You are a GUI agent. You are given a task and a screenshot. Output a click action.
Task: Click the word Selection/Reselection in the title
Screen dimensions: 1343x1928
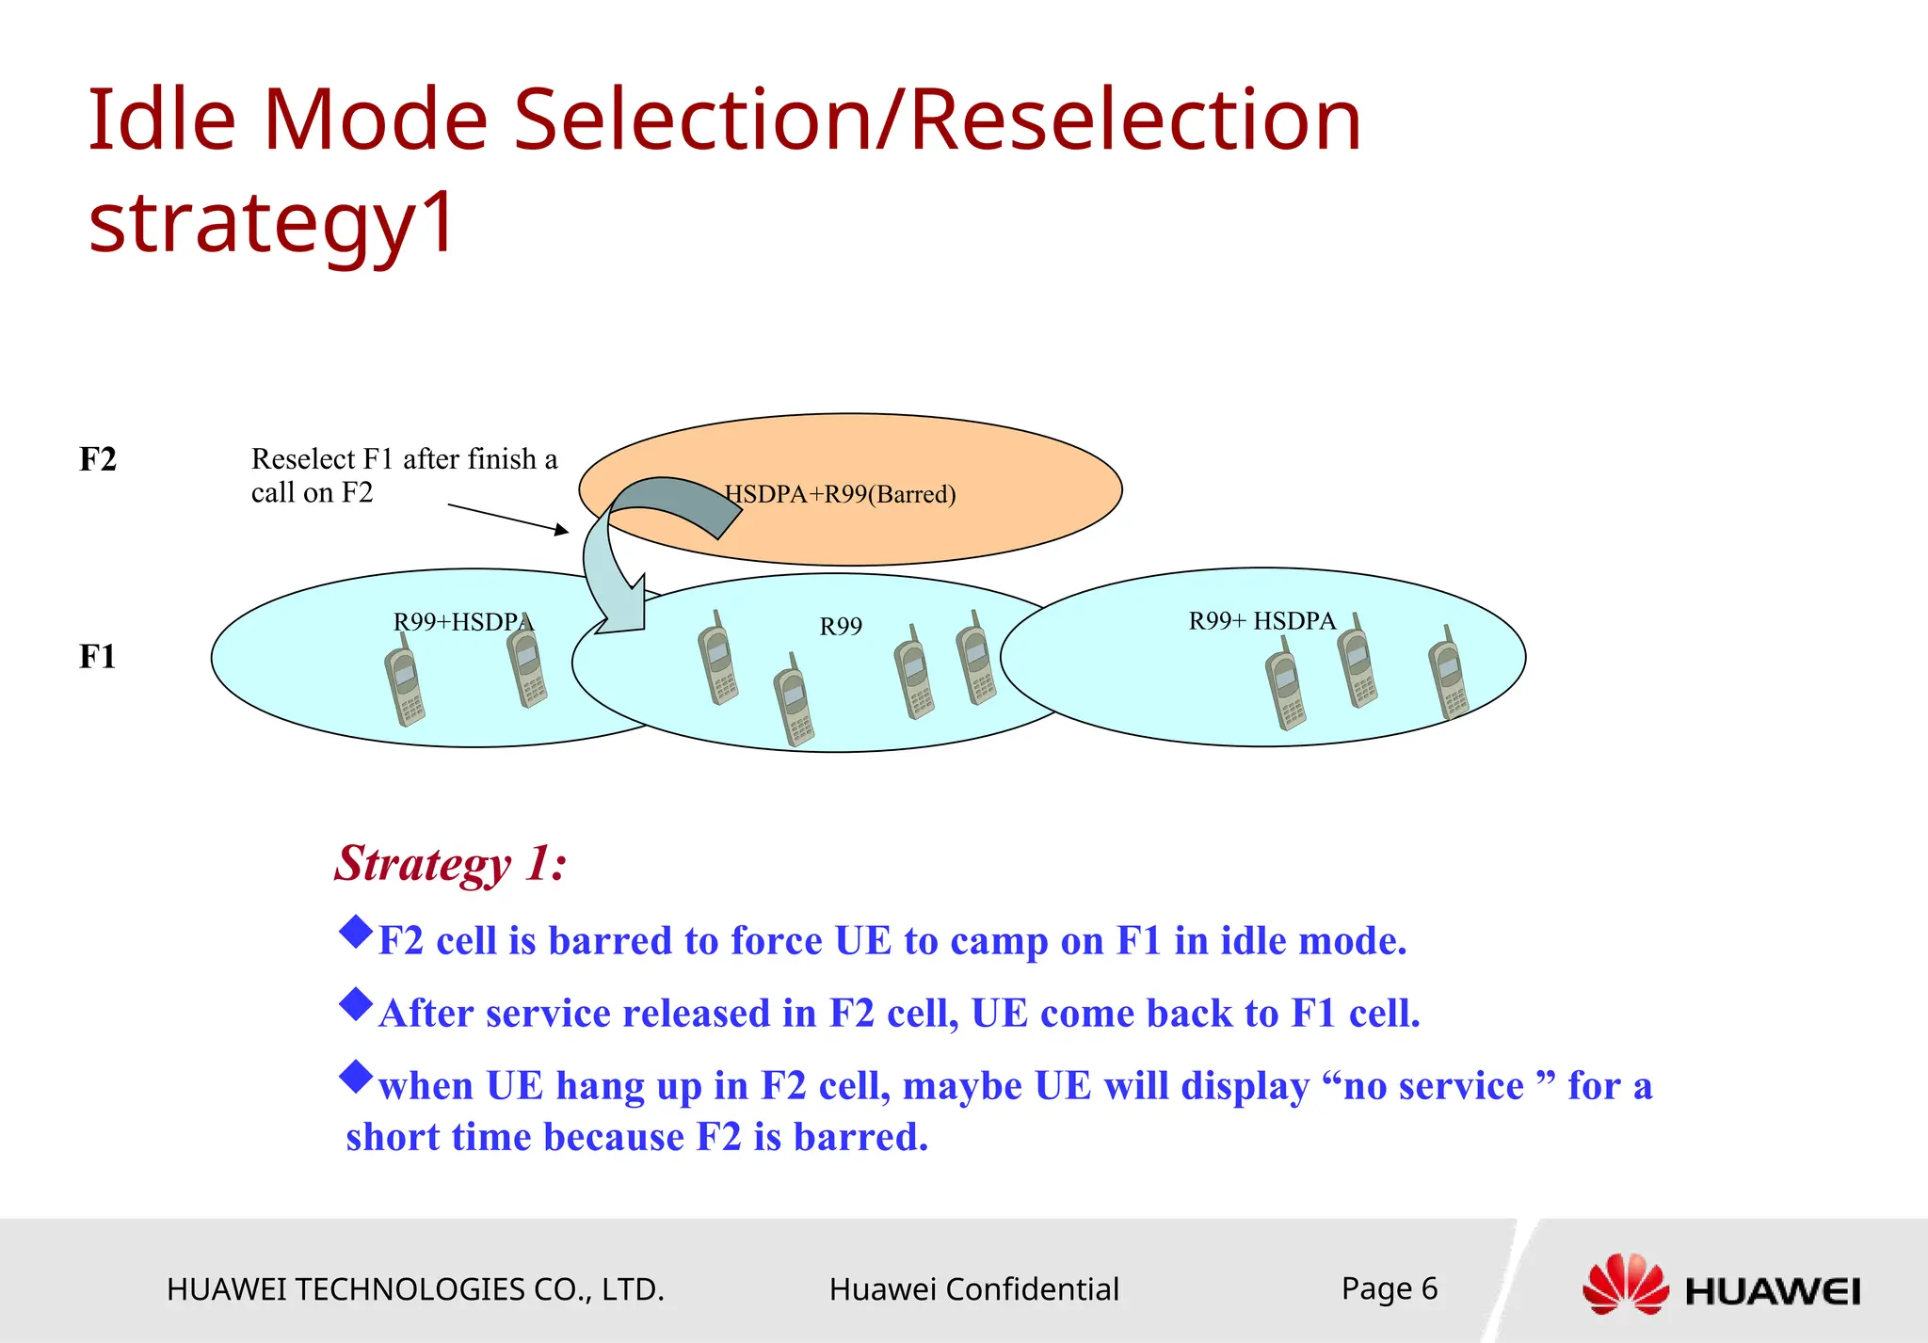[x=937, y=120]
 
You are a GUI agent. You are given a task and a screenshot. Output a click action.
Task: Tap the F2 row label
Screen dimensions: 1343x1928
[x=98, y=459]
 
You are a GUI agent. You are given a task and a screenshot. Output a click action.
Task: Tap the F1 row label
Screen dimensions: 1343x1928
[x=98, y=656]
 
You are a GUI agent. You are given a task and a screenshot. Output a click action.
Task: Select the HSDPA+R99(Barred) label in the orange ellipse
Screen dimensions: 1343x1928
[x=840, y=494]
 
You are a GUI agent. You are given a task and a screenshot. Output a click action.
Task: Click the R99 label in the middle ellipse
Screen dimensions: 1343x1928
[x=841, y=626]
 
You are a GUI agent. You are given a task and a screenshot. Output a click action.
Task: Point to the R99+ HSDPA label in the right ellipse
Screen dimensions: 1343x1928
[x=1261, y=621]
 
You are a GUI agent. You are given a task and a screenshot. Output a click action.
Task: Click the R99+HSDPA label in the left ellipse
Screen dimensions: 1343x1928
[x=462, y=622]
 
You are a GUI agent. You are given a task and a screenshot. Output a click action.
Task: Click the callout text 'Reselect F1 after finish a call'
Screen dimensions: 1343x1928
[x=404, y=475]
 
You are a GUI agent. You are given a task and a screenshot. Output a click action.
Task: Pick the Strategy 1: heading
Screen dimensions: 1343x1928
[x=451, y=863]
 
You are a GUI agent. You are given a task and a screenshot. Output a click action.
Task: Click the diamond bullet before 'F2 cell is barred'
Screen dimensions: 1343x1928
[x=356, y=932]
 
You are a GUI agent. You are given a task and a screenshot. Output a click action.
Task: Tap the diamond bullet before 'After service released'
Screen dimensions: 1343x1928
[x=356, y=1004]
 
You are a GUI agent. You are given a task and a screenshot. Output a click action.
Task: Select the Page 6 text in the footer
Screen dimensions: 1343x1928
[x=1389, y=1288]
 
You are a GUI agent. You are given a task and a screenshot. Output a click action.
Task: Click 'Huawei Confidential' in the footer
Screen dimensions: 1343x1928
[x=973, y=1289]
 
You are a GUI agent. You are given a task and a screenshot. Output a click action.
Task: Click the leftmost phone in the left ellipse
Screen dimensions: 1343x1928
[x=405, y=682]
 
